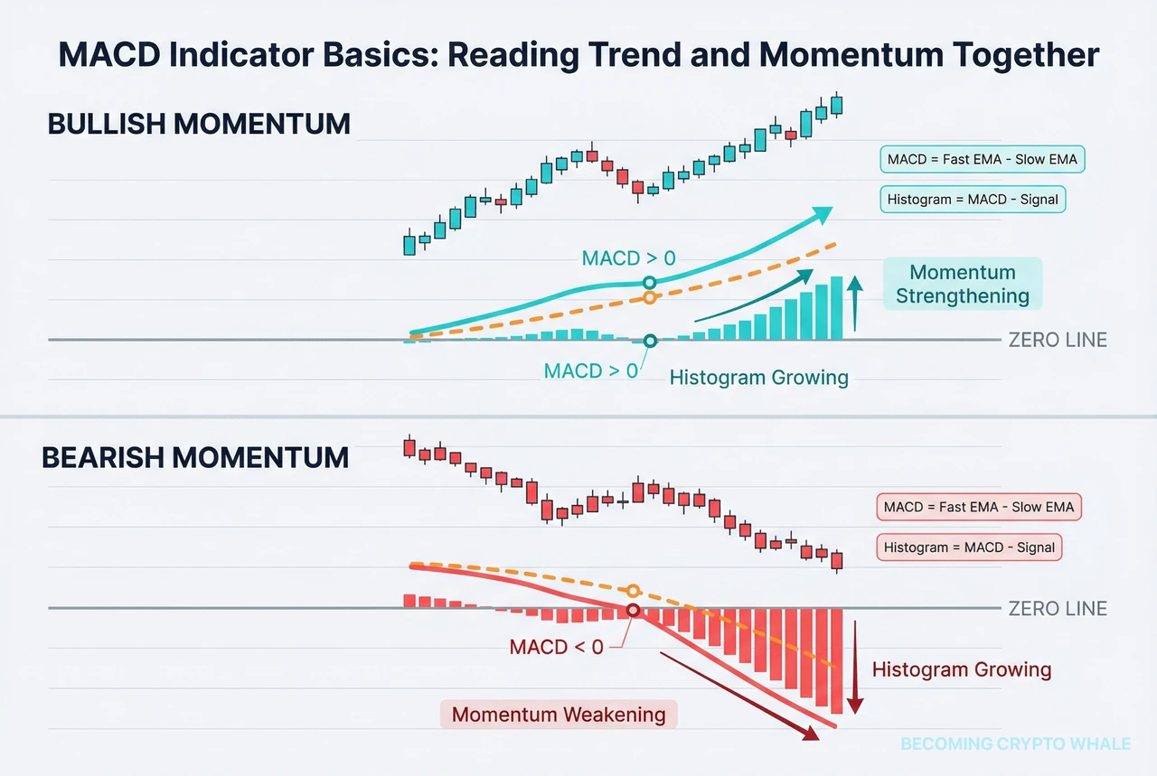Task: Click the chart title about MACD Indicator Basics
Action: tap(578, 55)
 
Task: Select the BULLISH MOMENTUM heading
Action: tap(199, 124)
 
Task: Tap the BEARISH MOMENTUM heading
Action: tap(195, 457)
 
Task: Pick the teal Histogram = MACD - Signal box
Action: tap(973, 199)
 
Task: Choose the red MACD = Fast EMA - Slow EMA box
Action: tap(979, 507)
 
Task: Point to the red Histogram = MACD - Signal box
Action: tap(969, 547)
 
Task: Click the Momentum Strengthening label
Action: tap(963, 285)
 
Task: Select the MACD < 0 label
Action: tap(556, 647)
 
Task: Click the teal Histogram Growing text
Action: tap(759, 378)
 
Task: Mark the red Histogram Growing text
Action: tap(962, 669)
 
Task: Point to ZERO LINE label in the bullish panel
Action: tap(1058, 341)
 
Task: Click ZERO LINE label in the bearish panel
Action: tap(1058, 609)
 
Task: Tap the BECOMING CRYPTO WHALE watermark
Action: tap(1016, 744)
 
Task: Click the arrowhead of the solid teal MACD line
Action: tap(822, 214)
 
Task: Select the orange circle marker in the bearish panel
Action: tap(633, 591)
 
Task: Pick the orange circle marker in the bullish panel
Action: tap(649, 298)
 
